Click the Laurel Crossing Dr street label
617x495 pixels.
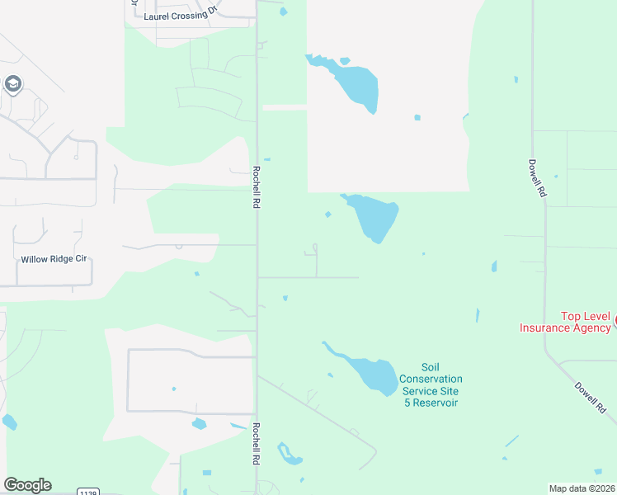[179, 16]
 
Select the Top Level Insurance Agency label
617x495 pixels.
[565, 322]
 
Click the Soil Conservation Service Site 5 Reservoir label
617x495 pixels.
[429, 384]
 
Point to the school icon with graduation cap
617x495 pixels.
[12, 84]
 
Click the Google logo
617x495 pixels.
[27, 485]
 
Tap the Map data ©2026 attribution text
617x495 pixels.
[582, 488]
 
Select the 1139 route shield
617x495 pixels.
[88, 492]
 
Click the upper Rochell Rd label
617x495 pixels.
[257, 185]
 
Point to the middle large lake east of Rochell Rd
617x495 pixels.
[376, 216]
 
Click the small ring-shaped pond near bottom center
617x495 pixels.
[288, 453]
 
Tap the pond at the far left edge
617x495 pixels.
[9, 422]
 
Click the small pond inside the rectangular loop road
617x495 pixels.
[199, 424]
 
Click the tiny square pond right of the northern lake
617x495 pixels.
[417, 117]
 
